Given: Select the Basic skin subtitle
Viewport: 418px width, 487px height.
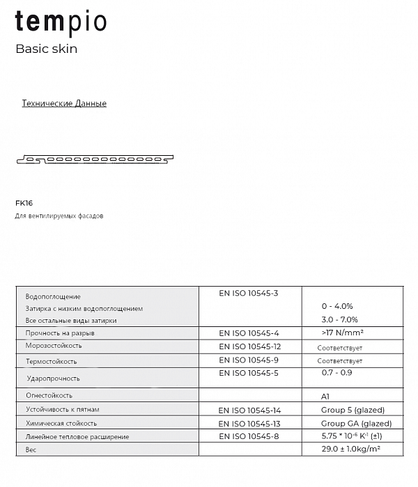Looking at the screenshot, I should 46,49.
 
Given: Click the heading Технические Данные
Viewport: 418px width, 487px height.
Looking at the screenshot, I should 64,104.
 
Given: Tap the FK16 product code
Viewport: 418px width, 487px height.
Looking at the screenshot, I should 24,204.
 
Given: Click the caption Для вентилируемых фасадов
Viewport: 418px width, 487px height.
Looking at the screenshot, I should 59,216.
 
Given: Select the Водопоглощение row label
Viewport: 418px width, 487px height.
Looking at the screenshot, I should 53,296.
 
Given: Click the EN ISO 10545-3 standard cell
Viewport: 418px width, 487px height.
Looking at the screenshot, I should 249,294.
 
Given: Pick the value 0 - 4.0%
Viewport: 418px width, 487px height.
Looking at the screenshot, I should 337,306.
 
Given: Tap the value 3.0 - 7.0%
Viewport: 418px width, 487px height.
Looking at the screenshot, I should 339,320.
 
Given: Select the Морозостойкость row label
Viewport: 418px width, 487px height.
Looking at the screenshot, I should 54,346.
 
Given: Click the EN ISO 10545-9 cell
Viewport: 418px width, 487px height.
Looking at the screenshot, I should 249,360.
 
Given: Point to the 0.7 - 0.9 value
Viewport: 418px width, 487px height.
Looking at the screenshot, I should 336,373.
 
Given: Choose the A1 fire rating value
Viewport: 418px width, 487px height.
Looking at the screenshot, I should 326,395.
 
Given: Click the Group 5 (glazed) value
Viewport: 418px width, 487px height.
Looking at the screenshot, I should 353,410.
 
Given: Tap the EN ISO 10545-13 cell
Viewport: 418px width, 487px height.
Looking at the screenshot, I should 250,423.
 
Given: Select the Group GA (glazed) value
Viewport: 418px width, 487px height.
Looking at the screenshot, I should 356,423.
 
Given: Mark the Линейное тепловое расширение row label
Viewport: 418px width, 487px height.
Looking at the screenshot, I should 77,437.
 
